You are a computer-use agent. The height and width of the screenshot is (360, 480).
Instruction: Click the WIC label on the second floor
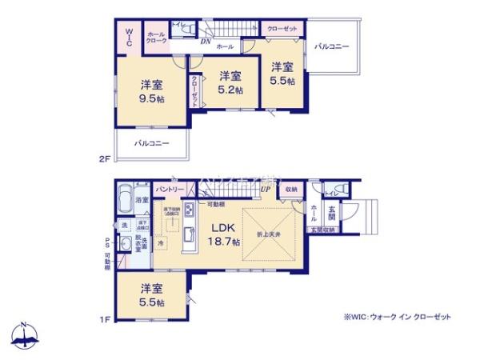coord(129,36)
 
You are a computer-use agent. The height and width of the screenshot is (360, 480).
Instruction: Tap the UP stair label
coord(265,189)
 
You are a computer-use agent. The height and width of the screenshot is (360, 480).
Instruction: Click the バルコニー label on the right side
coord(331,47)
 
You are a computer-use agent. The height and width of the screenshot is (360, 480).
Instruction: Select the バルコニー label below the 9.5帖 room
coord(151,144)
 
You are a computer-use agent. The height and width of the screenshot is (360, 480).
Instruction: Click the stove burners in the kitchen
coord(190,211)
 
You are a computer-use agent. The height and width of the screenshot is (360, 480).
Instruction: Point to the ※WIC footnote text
coord(396,318)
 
